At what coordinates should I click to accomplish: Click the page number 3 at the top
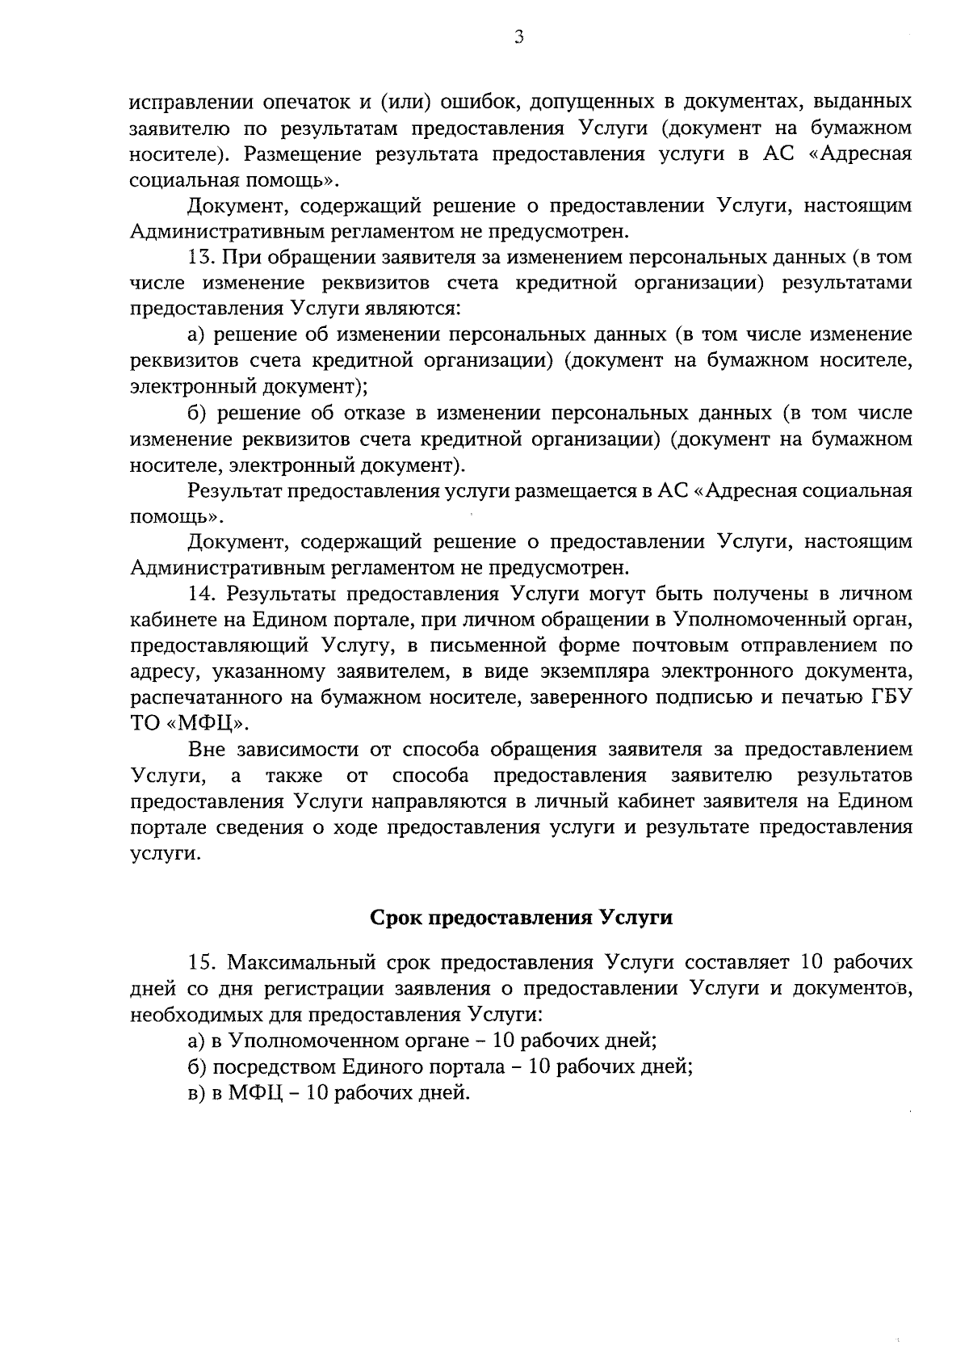(519, 36)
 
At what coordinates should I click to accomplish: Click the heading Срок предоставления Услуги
(521, 919)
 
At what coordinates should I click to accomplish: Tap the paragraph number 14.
(201, 594)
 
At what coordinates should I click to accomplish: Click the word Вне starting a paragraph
(206, 750)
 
